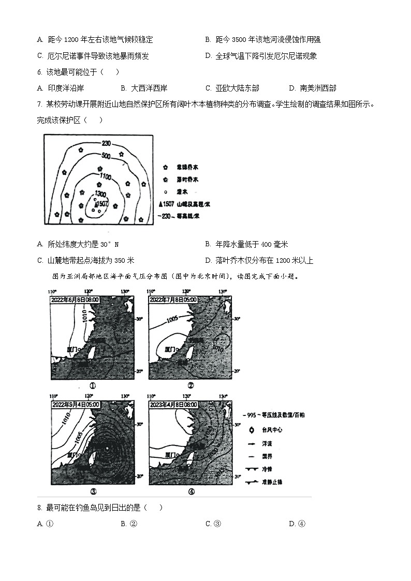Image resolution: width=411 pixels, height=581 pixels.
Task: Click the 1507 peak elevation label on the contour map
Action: tap(102, 204)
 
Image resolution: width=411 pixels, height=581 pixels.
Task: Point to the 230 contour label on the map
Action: tap(106, 143)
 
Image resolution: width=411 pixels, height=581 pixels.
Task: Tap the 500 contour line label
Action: tap(106, 156)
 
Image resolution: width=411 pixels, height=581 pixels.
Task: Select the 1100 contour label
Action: tap(106, 177)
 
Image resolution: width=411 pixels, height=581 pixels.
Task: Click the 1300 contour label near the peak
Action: tap(101, 193)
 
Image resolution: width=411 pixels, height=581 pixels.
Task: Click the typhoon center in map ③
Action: tap(107, 448)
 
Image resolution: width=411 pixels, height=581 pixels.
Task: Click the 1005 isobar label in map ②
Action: tap(173, 320)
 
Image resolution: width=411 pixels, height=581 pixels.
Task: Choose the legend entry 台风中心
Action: tap(268, 429)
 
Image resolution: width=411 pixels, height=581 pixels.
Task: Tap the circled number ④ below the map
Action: tap(191, 491)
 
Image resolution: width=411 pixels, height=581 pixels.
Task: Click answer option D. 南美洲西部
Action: tap(312, 88)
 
